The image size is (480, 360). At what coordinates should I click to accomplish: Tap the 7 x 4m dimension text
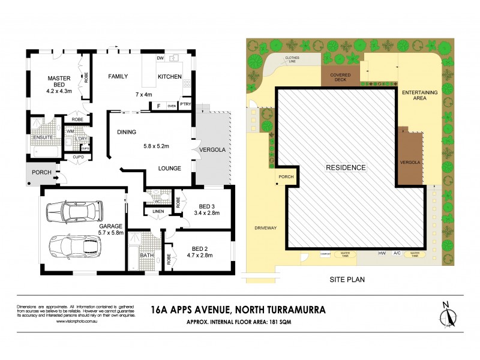pyautogui.click(x=145, y=95)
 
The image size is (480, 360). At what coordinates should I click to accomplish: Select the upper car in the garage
pyautogui.click(x=76, y=211)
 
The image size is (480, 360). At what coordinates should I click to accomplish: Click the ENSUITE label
pyautogui.click(x=44, y=137)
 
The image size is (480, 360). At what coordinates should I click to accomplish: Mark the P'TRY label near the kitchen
pyautogui.click(x=185, y=106)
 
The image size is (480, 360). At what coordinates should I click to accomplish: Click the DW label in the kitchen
pyautogui.click(x=160, y=58)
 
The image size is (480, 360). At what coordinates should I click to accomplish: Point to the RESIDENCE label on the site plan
pyautogui.click(x=346, y=167)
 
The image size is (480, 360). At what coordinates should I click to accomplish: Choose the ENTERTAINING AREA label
pyautogui.click(x=420, y=97)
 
